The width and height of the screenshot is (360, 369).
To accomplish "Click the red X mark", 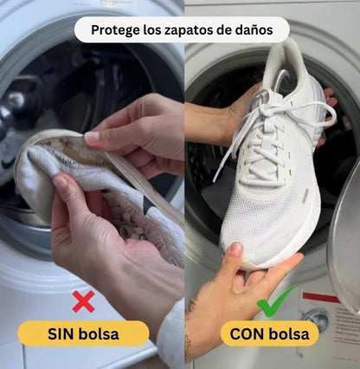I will (x=83, y=301).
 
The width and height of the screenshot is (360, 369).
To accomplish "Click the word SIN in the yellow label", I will (x=64, y=333).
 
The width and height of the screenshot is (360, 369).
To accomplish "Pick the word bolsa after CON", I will (x=292, y=333).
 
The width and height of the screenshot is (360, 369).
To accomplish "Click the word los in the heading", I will (x=151, y=30).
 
